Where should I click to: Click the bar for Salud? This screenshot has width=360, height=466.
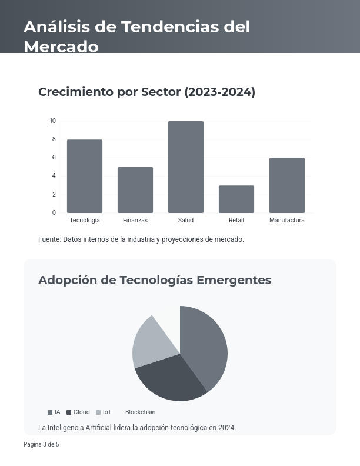click(x=186, y=167)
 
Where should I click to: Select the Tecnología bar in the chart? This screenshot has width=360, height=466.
click(x=85, y=176)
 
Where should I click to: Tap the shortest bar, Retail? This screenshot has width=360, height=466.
click(x=236, y=199)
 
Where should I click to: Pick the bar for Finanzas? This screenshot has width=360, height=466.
click(x=135, y=190)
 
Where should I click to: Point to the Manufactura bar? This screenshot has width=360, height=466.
click(x=287, y=185)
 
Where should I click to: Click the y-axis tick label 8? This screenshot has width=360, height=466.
click(x=54, y=139)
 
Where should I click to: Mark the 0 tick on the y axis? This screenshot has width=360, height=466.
click(x=54, y=213)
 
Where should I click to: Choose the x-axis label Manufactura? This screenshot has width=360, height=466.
click(x=287, y=221)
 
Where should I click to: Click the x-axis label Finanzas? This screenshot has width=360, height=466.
click(x=135, y=221)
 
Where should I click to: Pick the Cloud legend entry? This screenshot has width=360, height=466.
click(x=78, y=412)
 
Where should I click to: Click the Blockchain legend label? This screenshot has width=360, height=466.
click(x=140, y=412)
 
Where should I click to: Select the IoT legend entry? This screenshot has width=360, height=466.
click(x=104, y=412)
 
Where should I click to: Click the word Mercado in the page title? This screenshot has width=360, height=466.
click(x=61, y=46)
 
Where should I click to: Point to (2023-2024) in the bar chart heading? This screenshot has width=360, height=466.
click(x=220, y=92)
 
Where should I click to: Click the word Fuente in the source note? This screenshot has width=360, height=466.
click(x=49, y=239)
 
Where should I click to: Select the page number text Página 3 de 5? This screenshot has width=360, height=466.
click(x=41, y=445)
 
